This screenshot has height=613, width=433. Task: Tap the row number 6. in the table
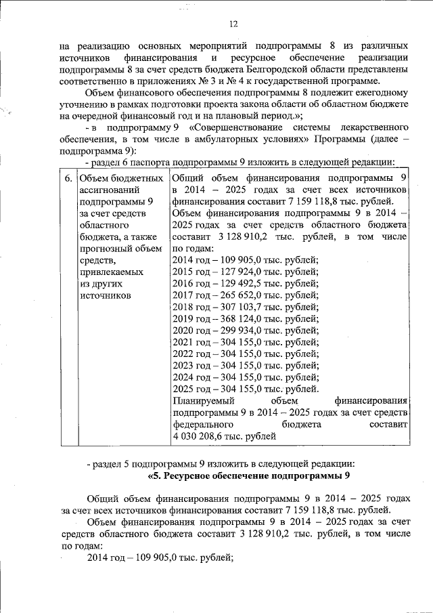coord(69,178)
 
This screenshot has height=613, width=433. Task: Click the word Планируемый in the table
coord(202,400)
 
